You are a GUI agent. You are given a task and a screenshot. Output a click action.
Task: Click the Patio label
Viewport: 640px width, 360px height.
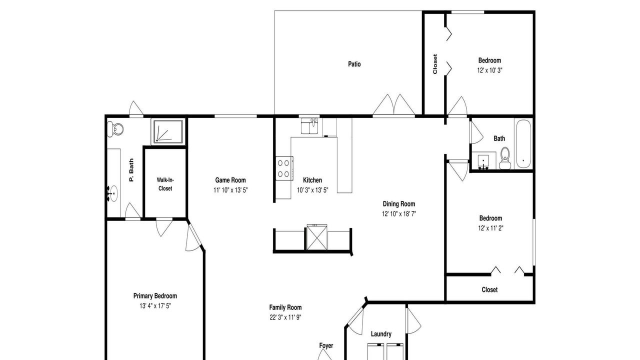pos(354,64)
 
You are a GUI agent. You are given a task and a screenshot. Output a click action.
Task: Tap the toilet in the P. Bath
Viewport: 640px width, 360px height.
pos(115,129)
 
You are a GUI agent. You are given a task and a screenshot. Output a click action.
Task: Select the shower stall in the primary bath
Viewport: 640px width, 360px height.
pos(168,132)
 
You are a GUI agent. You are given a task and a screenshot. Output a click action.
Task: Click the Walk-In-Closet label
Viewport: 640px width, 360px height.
pos(165,184)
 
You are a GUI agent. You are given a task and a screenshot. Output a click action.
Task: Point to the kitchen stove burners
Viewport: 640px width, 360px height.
pos(284,168)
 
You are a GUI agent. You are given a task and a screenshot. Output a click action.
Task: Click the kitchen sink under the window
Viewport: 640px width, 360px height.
pos(309,126)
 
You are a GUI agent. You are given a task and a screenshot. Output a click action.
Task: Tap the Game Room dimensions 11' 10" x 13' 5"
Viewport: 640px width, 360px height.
pos(230,190)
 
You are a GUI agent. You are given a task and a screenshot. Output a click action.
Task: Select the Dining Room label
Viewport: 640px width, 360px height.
pos(399,204)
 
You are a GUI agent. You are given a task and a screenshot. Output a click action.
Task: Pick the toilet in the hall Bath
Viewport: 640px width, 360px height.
pos(505,158)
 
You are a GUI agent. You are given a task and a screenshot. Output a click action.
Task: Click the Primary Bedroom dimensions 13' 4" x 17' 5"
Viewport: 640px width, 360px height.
pos(155,306)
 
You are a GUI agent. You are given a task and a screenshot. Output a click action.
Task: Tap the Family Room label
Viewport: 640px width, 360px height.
pos(285,307)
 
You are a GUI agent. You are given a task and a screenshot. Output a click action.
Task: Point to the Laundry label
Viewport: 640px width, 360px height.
pos(381,334)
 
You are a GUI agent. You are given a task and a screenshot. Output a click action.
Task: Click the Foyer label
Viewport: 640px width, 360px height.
pos(326,345)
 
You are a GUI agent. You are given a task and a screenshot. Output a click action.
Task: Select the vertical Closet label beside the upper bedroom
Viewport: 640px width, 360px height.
pos(435,64)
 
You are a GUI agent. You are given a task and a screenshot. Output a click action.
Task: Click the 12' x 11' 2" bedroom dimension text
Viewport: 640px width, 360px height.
pos(490,228)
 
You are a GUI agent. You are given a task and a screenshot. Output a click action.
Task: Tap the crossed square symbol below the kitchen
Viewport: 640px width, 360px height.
pos(317,237)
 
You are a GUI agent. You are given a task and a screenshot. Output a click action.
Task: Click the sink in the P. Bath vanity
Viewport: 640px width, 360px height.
pos(113,193)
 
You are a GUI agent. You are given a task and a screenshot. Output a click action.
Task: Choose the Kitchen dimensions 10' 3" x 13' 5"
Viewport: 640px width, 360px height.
pos(312,190)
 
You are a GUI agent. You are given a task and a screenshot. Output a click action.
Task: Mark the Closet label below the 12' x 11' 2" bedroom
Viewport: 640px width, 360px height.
pos(489,289)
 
